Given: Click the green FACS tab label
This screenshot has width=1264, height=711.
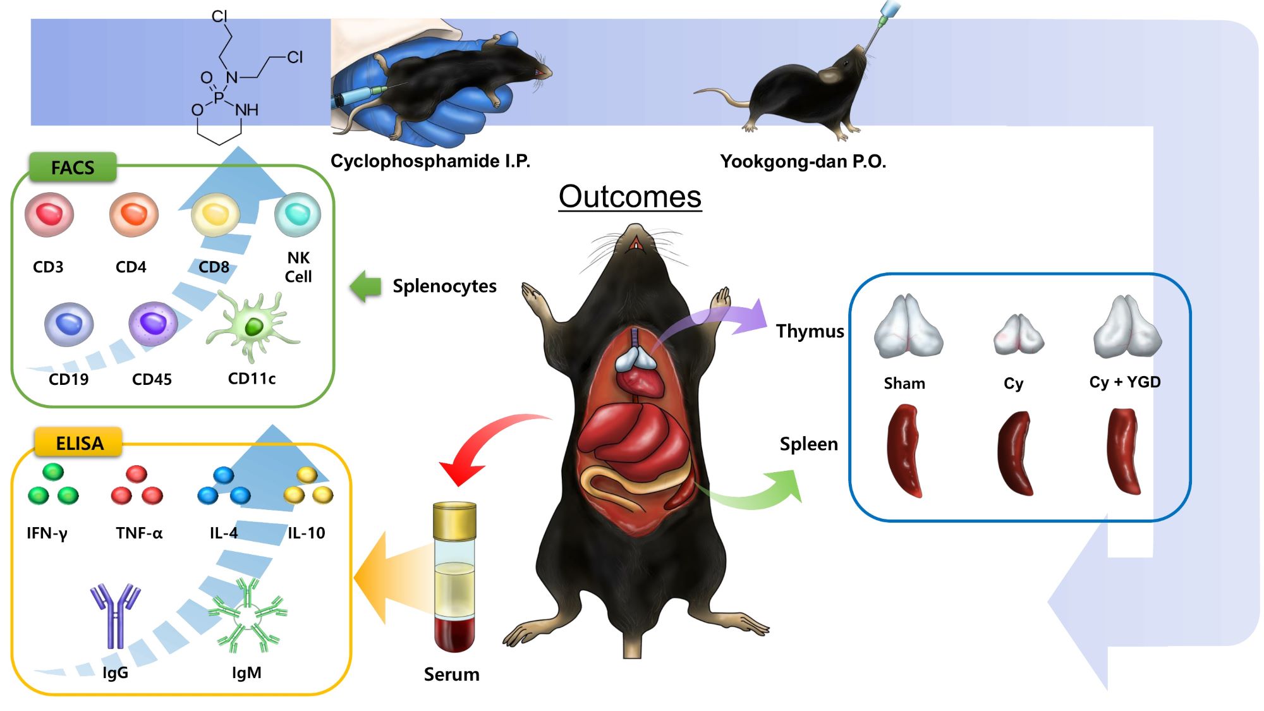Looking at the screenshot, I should point(73,167).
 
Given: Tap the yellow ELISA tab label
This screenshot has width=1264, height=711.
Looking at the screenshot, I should point(79,443).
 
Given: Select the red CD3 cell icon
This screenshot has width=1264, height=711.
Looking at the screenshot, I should point(49,215).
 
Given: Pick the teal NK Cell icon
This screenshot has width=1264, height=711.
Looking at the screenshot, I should point(298,215).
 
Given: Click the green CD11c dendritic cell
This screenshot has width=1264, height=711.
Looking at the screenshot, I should point(253,326).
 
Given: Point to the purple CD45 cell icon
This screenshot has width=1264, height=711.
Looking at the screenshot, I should point(153,323).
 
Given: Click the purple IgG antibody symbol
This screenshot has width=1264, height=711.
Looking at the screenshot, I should point(115,616).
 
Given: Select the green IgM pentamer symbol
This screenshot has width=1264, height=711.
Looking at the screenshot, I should point(247,616).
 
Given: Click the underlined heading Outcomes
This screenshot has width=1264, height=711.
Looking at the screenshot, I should point(630,197).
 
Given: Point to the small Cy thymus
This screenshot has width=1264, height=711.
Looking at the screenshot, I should point(1018,334).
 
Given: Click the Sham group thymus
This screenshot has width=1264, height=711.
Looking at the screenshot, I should point(908,327).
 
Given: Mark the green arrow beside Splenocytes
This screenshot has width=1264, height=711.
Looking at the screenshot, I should point(366,286).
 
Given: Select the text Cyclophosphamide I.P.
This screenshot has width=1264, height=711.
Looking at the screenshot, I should point(430,161).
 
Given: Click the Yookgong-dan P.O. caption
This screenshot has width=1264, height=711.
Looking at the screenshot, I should point(803,162).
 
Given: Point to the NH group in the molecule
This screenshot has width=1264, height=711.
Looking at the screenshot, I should point(247,110).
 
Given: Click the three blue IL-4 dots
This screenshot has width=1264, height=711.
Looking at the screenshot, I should point(224,487).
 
